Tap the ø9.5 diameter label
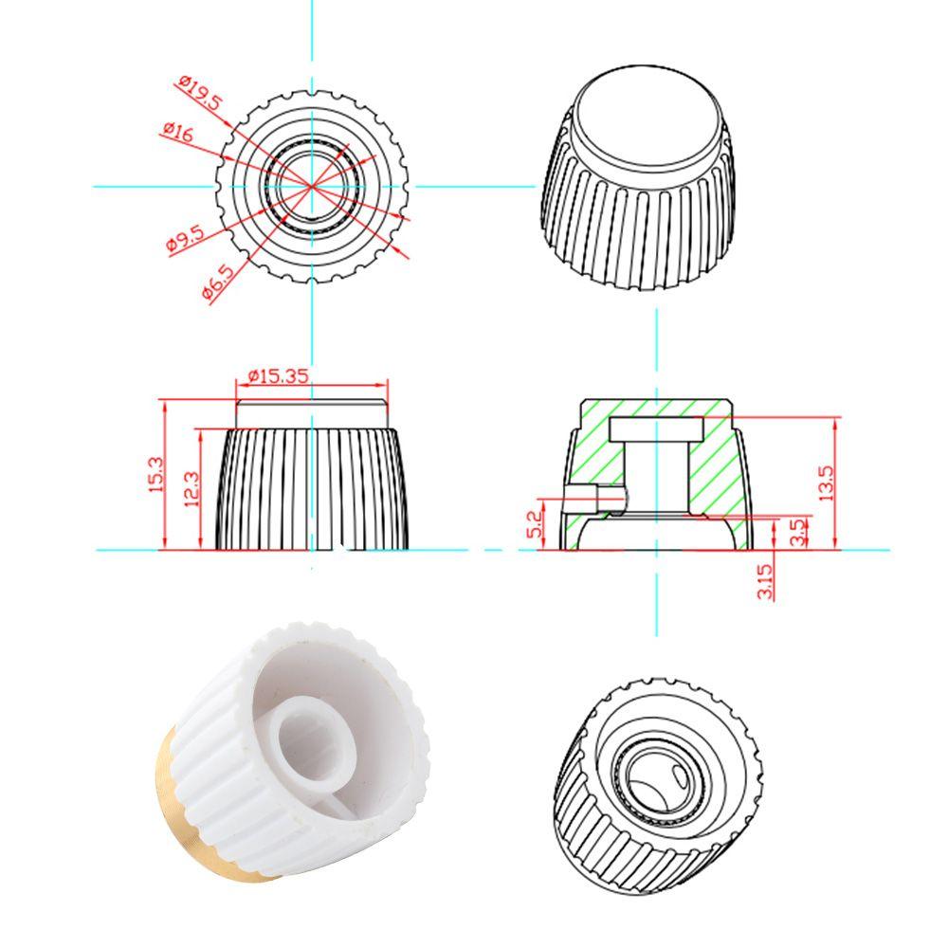click(185, 241)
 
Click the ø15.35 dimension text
click(279, 375)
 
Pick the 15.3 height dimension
click(155, 474)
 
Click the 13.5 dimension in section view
click(826, 483)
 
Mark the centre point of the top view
click(313, 186)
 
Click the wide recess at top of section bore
click(656, 428)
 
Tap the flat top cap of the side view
click(312, 414)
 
